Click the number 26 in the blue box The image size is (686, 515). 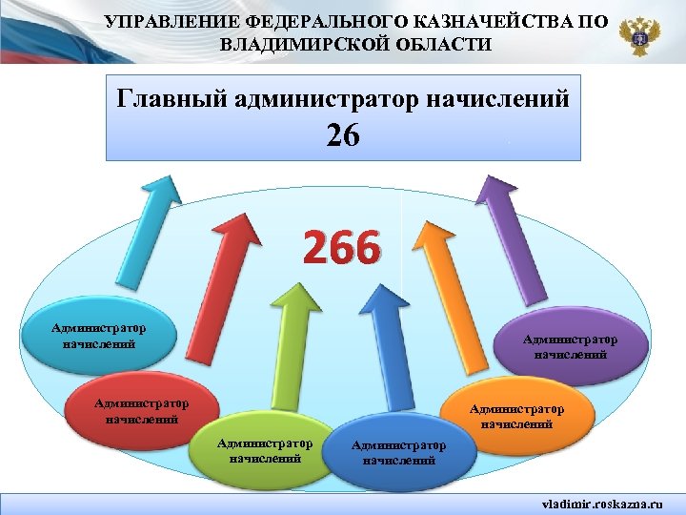(342, 136)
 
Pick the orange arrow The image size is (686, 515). (438, 277)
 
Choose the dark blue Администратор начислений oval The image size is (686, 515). (397, 452)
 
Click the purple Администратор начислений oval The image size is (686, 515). (568, 346)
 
